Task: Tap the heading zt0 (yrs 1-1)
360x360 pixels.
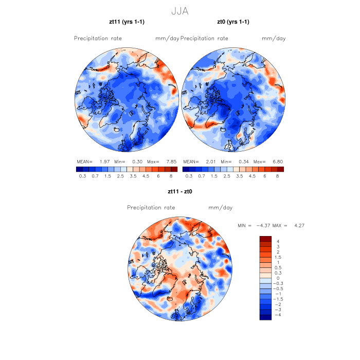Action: coord(233,22)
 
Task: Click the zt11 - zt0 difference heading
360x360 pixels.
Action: coord(179,192)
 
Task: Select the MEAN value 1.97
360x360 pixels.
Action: coord(106,161)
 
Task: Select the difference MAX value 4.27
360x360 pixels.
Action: coord(299,226)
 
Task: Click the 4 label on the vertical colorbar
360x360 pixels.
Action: coord(278,241)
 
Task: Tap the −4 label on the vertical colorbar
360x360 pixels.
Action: coord(278,315)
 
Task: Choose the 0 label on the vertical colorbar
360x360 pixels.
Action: coord(278,278)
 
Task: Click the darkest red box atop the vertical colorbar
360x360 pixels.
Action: coord(265,239)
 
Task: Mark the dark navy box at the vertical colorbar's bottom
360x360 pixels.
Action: coord(265,317)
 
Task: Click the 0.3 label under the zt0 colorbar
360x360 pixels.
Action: coord(189,176)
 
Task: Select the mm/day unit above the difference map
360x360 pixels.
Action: coord(220,208)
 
